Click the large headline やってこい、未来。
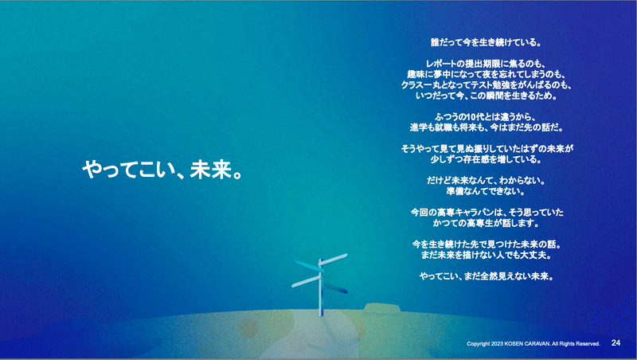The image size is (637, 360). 163,170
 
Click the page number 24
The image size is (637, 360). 616,343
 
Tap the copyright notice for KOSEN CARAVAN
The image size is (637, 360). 533,344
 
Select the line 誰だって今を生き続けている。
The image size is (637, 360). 486,42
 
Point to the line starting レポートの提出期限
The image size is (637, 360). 486,64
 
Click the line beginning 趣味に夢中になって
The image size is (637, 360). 486,74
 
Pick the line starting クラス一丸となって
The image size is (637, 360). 486,85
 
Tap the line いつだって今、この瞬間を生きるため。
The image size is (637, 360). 486,96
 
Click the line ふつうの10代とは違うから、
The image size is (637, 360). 486,117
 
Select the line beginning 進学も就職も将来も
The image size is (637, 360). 487,127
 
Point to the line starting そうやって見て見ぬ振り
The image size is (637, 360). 487,149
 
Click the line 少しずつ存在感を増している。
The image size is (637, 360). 486,159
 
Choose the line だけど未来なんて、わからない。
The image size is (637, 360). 486,181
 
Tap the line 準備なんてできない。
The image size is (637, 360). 486,191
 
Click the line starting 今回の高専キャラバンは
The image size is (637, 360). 487,212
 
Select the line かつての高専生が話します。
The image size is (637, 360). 486,223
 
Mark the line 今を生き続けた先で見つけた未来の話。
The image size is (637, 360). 487,245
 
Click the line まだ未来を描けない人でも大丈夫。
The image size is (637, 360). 486,255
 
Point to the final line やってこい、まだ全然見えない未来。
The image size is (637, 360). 487,276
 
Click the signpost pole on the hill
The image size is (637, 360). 321,287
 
